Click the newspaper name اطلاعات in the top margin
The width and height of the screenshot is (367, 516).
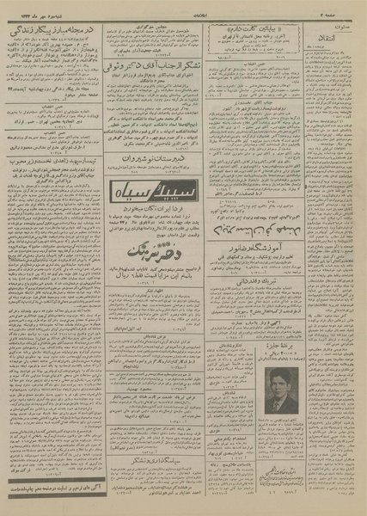click(x=182, y=12)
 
